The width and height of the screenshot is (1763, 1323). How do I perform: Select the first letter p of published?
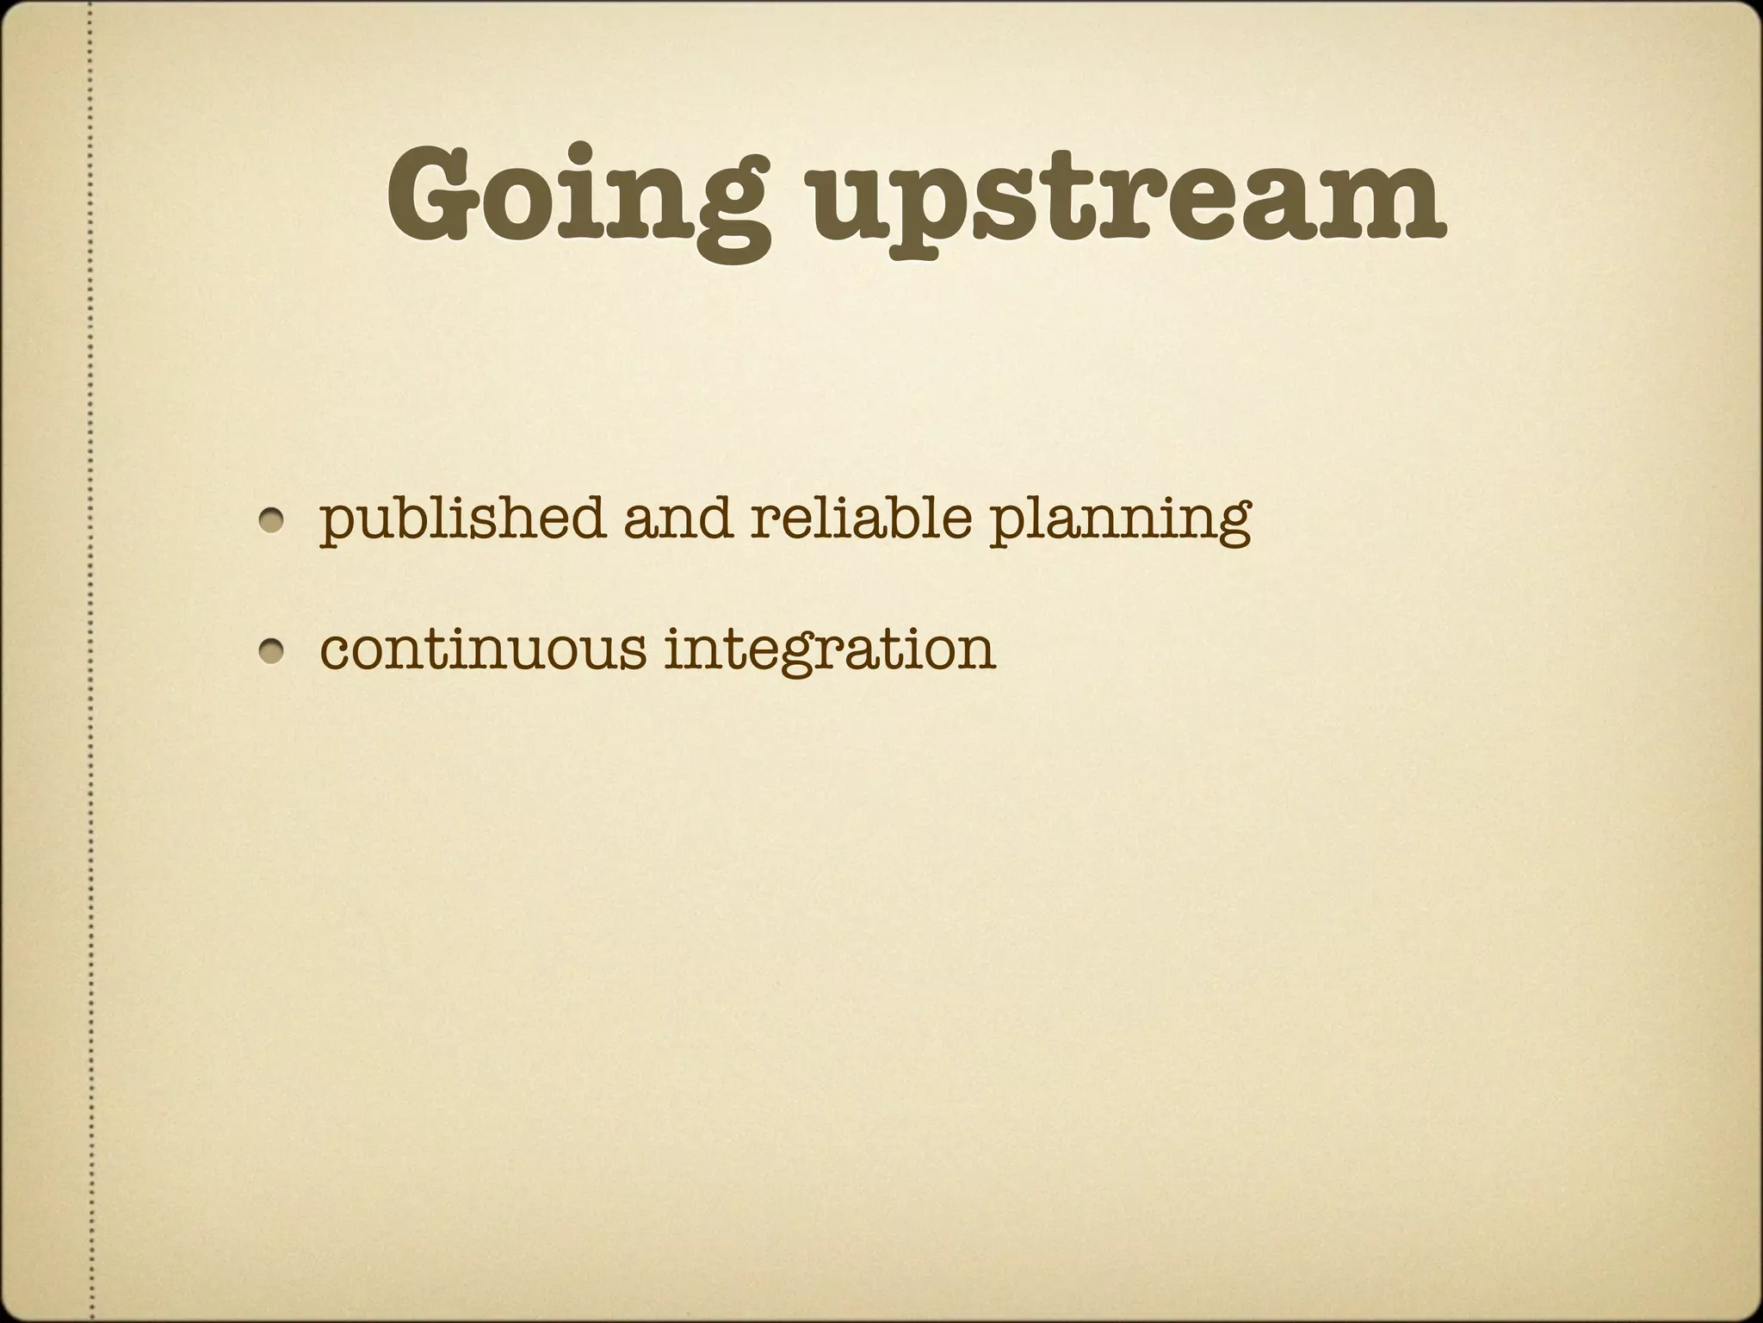[337, 525]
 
